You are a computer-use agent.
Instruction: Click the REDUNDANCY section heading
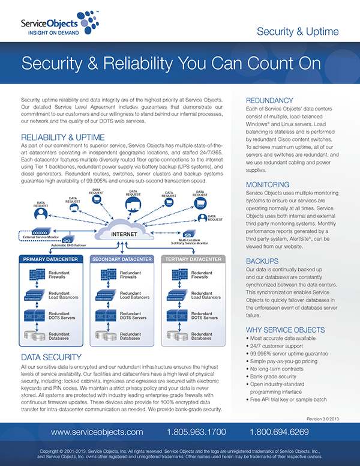tap(269, 100)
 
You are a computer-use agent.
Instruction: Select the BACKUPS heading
tap(262, 261)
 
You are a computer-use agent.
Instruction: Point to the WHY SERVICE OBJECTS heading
tap(286, 330)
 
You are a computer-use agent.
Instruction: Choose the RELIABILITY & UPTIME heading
tap(62, 136)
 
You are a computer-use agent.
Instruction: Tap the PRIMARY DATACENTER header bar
tap(52, 259)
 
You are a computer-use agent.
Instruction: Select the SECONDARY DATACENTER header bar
tap(124, 259)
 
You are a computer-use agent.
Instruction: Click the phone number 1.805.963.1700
tap(197, 431)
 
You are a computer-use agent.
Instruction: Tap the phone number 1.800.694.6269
tap(280, 431)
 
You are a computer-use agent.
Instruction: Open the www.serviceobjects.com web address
tap(97, 431)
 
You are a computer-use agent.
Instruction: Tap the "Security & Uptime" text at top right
tap(298, 32)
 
